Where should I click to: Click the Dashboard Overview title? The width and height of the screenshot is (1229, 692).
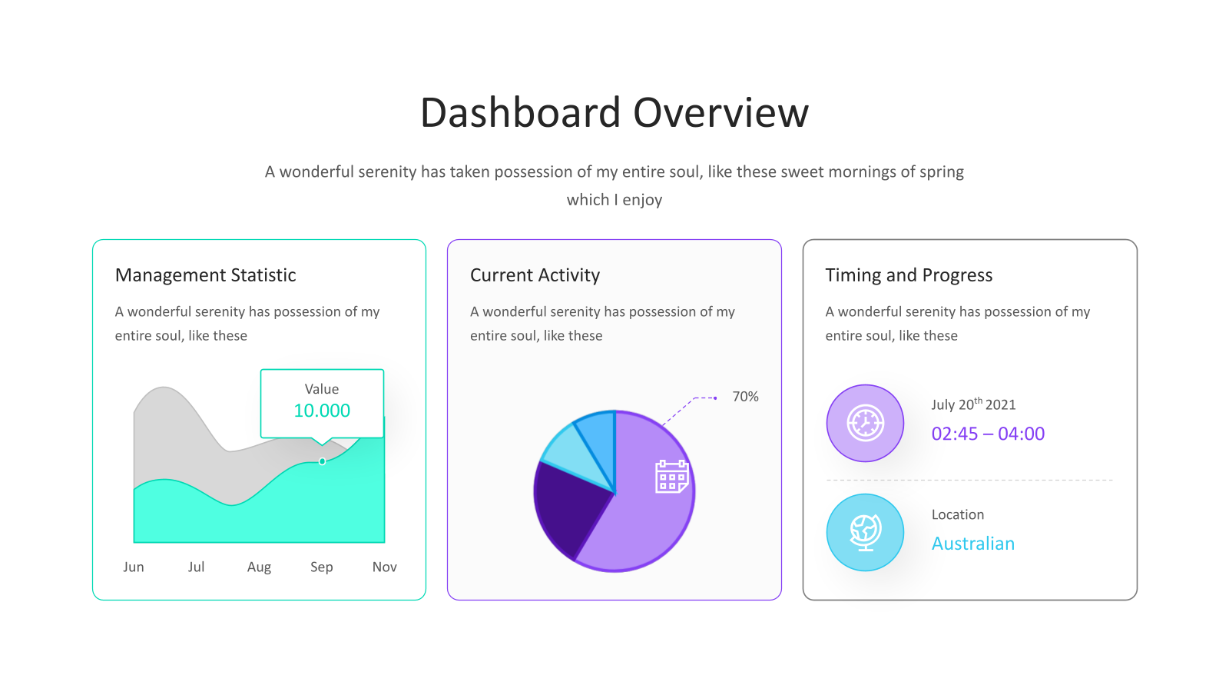(x=614, y=112)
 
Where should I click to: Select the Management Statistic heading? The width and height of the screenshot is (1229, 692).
(x=205, y=274)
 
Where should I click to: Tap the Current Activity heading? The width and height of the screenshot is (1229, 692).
(x=535, y=274)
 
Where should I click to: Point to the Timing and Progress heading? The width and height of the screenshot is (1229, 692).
(x=909, y=274)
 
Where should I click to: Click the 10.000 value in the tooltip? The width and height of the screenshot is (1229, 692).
(x=322, y=411)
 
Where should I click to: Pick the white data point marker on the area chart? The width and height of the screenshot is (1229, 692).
(x=322, y=461)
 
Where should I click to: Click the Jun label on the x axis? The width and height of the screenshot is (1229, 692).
(x=134, y=567)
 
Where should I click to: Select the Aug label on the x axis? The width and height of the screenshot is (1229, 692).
(x=259, y=567)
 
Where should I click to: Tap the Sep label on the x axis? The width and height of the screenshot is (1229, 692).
(x=322, y=567)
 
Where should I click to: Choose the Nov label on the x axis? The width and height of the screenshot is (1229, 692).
(x=384, y=567)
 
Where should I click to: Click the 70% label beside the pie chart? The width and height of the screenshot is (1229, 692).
(x=745, y=397)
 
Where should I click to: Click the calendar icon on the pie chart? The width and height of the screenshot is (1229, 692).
(x=671, y=476)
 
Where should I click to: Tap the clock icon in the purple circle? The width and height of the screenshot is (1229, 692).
(x=865, y=423)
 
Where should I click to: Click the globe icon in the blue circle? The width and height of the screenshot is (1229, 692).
(x=865, y=532)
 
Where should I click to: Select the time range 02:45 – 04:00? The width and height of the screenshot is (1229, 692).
(x=988, y=434)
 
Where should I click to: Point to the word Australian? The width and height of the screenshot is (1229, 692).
(x=973, y=544)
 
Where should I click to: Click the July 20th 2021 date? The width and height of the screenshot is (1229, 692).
(x=973, y=404)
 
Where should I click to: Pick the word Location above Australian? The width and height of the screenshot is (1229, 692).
(x=957, y=514)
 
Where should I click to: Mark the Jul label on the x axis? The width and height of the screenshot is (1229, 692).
(x=196, y=567)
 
